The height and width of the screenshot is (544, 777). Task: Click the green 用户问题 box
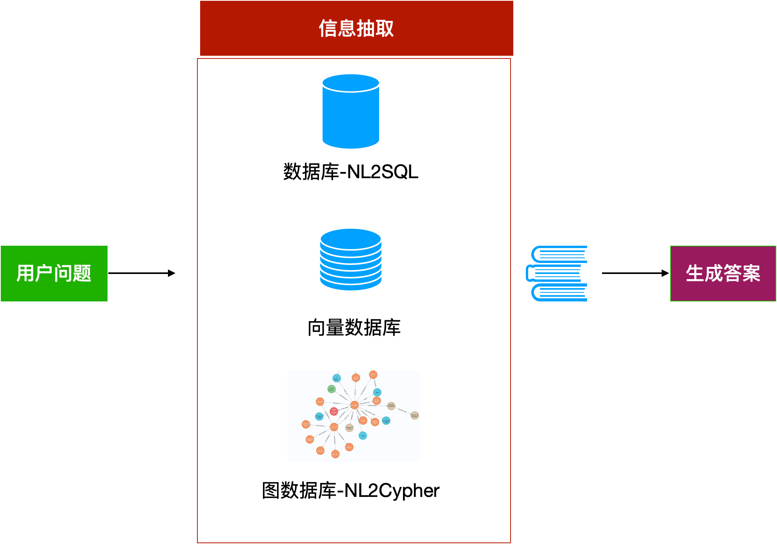point(54,274)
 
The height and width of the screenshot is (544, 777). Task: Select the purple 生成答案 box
point(723,274)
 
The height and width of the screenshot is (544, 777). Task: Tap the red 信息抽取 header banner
point(356,28)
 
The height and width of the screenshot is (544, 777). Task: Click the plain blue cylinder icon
point(350,111)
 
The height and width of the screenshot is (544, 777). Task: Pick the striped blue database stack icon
point(350,259)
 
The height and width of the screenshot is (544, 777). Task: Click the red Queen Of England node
point(334,411)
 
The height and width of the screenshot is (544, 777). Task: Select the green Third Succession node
point(331,389)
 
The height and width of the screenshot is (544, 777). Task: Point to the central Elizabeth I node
point(354,405)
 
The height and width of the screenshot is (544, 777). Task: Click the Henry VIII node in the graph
point(334,427)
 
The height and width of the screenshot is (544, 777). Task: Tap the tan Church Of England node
point(414,415)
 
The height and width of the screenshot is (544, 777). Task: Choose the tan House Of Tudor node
point(349,428)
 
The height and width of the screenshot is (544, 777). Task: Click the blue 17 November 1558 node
point(386,421)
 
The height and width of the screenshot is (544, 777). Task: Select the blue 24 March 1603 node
point(319,416)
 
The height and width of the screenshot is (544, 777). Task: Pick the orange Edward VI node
point(320,402)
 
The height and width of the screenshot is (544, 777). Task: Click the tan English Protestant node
point(391,405)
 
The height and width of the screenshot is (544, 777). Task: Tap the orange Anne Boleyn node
point(356,378)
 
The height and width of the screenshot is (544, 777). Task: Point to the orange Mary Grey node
point(335,454)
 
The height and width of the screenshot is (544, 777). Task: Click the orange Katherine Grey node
point(306,424)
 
